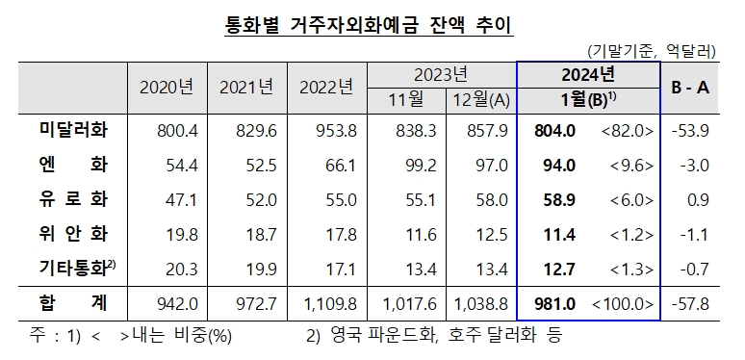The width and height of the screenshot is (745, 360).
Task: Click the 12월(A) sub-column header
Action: pos(480,99)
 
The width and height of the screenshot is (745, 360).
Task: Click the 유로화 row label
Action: pos(65,200)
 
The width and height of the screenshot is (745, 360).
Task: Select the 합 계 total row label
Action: pos(65,304)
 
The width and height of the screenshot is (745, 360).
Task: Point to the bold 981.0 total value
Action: pos(556,304)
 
